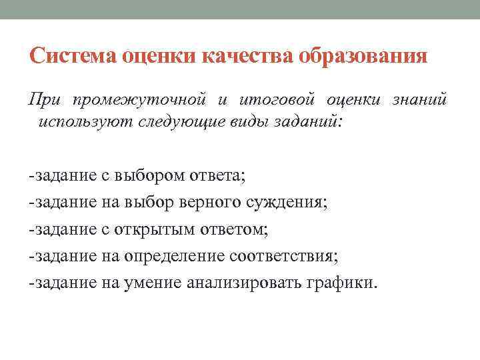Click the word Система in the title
click(73, 57)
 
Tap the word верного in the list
click(206, 203)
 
